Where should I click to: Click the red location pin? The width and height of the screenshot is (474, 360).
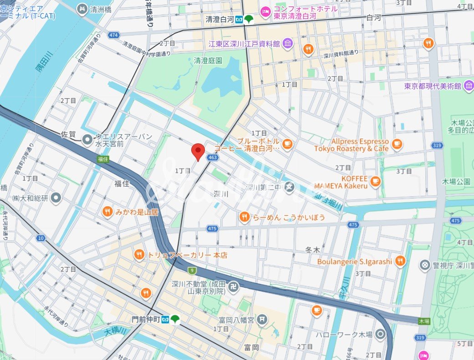point(197,152)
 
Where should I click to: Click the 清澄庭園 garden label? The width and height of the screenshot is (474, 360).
point(208,60)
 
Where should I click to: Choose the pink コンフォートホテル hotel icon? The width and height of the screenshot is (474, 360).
point(265,9)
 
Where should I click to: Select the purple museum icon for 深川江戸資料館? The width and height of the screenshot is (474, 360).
point(287,44)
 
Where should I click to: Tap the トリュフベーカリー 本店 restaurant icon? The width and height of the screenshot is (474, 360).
point(139,255)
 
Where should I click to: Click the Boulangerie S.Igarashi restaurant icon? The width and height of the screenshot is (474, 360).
point(400,261)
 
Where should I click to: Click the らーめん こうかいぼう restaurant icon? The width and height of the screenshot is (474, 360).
point(244,218)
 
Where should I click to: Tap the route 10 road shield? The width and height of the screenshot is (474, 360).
point(41,238)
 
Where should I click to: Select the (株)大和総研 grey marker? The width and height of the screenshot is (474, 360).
point(56,198)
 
